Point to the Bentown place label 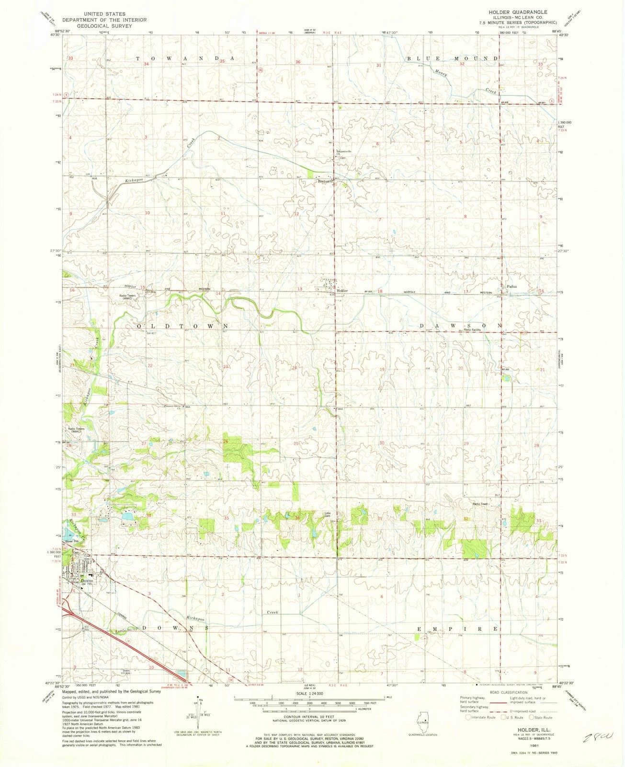pos(324,182)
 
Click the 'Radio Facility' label pos(471,330)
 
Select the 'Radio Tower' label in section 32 pos(480,504)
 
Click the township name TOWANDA pos(186,58)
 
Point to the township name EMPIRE pos(460,628)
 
